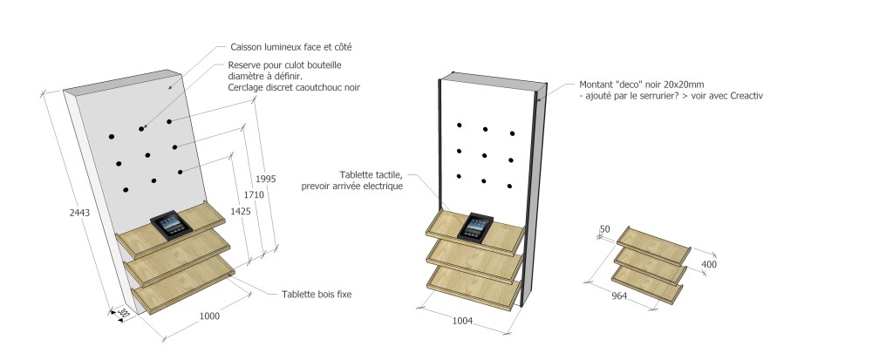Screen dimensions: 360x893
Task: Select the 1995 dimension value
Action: (267, 179)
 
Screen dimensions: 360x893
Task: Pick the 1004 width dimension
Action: (461, 322)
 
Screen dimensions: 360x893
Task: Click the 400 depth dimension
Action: (708, 263)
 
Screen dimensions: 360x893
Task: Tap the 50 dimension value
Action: (604, 229)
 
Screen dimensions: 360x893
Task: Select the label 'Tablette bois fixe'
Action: (316, 295)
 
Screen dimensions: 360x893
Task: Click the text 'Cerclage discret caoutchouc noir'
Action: (293, 87)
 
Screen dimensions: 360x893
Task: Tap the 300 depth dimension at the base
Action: (123, 313)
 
